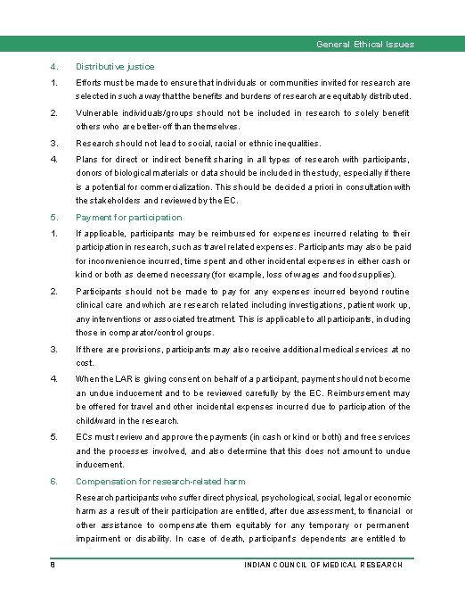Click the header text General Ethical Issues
(x=365, y=45)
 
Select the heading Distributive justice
(x=115, y=66)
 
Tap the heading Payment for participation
(x=128, y=217)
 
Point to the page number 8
(x=53, y=565)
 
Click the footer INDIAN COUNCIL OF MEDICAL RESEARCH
(x=323, y=565)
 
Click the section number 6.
(x=54, y=481)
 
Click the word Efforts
(x=89, y=82)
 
